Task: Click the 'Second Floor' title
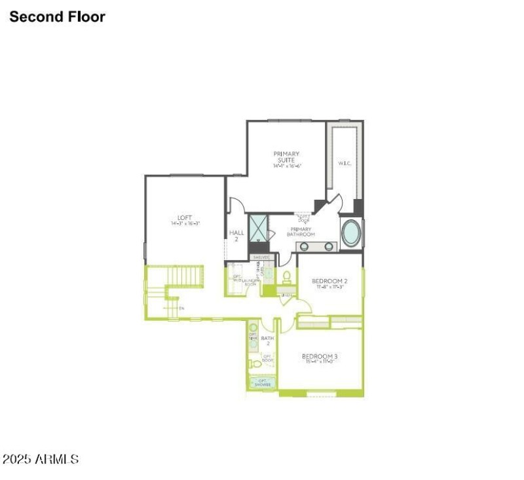click(57, 17)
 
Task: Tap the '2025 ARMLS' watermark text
click(41, 460)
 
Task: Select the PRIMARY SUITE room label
click(287, 157)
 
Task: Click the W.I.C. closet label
click(345, 163)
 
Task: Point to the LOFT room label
click(184, 220)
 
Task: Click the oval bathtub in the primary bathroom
click(351, 234)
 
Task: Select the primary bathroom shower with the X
click(259, 228)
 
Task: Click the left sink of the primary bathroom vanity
click(305, 246)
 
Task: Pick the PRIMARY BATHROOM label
click(301, 232)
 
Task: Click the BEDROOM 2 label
click(329, 282)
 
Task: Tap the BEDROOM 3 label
click(320, 357)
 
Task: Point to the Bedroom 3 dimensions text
click(320, 363)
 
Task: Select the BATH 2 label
click(267, 341)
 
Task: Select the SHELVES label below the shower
click(261, 257)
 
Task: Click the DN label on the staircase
click(181, 307)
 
